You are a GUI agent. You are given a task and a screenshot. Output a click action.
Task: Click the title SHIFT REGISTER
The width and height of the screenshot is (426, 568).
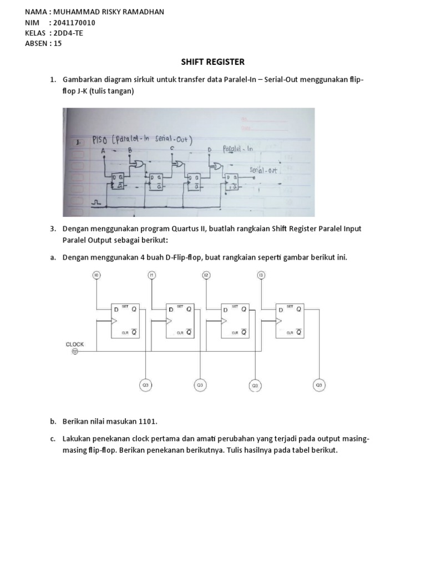click(212, 62)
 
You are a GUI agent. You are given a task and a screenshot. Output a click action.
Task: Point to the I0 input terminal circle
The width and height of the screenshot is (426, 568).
click(97, 275)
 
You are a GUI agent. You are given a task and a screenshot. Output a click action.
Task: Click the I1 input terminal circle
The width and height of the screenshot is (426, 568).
click(151, 275)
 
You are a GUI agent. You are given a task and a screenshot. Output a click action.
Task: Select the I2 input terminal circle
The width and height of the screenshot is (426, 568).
click(206, 275)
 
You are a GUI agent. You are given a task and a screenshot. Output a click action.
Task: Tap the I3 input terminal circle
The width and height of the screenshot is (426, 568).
click(261, 275)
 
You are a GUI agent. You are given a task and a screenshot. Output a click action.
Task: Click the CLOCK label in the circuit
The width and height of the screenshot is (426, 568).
click(75, 344)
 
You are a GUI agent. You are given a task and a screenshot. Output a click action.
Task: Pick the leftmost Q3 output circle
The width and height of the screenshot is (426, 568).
click(145, 384)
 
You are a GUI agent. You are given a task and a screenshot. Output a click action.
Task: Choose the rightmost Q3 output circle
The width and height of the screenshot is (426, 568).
click(318, 384)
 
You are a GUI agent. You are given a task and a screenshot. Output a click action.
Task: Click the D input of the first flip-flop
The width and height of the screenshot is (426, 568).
click(116, 310)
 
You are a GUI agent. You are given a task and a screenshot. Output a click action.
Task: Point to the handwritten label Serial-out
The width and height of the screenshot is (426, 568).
click(263, 170)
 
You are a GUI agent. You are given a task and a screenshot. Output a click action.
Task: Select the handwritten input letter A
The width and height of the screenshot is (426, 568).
click(103, 150)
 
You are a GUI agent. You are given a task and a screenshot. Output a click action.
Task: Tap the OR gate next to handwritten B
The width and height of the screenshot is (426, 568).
click(136, 164)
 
